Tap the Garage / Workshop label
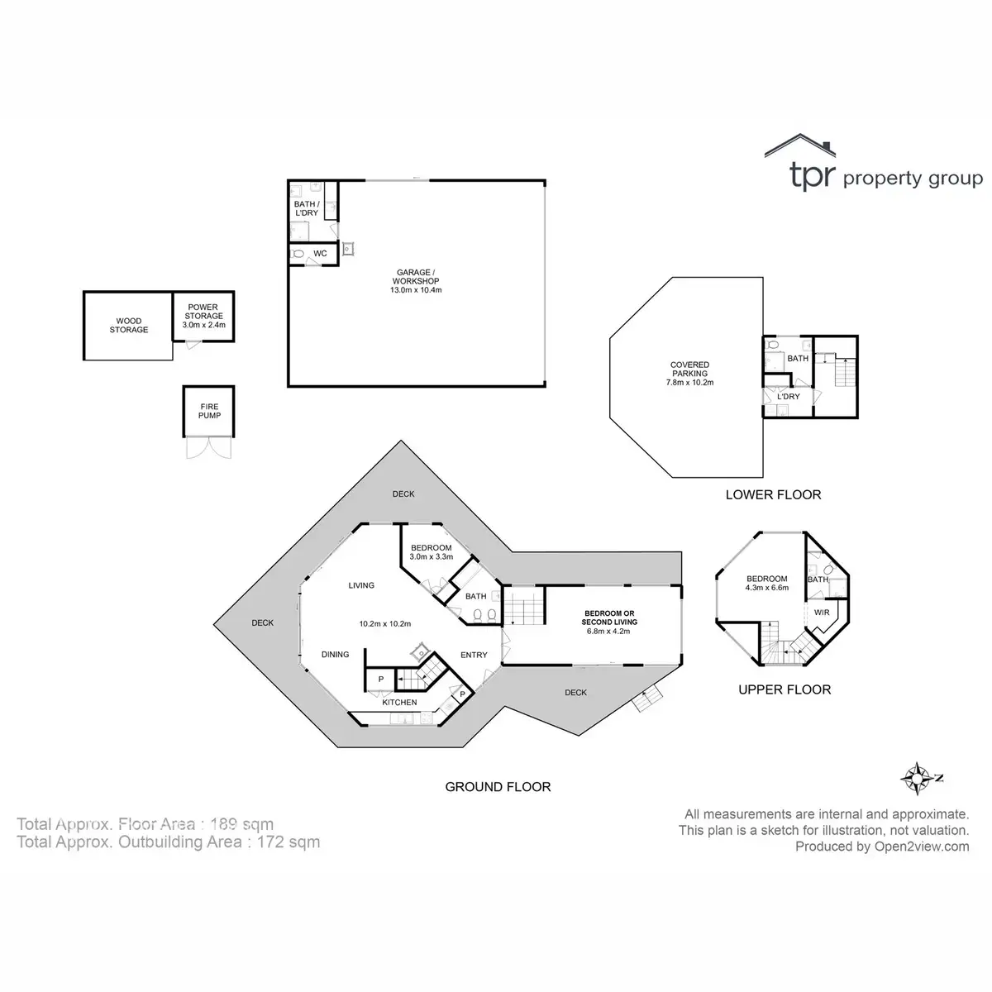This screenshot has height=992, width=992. (416, 281)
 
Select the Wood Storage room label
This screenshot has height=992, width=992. (129, 326)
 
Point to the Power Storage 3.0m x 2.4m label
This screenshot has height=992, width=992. (203, 316)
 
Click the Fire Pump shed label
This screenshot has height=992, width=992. (209, 409)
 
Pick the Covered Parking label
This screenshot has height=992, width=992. (689, 374)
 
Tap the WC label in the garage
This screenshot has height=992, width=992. (321, 253)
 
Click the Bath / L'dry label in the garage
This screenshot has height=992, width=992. (306, 208)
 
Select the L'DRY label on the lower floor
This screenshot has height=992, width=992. (788, 397)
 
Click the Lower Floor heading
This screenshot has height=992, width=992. (773, 494)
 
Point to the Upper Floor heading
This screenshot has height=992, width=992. (785, 689)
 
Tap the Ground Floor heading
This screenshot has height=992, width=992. (498, 787)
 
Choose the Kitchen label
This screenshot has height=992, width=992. (399, 703)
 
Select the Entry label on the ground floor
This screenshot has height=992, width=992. (474, 655)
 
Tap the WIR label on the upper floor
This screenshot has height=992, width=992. (822, 613)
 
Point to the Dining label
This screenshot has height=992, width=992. (335, 654)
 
